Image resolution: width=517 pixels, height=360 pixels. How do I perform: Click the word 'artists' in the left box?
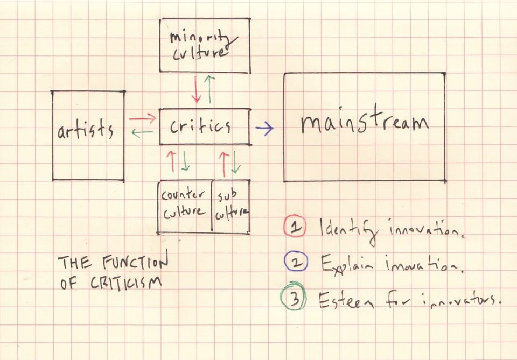point(86,130)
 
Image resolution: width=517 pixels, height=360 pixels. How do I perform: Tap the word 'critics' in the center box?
point(200,126)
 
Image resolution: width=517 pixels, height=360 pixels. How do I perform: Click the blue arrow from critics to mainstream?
point(264,128)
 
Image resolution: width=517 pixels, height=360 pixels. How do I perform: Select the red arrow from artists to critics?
point(142,118)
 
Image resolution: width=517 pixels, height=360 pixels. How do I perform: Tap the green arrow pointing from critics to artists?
point(142,133)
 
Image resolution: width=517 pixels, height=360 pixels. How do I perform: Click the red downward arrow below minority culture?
point(196,89)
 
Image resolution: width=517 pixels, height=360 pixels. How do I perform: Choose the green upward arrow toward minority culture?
point(209,89)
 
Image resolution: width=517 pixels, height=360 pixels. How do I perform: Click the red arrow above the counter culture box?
point(171,161)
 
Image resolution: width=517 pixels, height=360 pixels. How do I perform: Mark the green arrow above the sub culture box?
point(236,162)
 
